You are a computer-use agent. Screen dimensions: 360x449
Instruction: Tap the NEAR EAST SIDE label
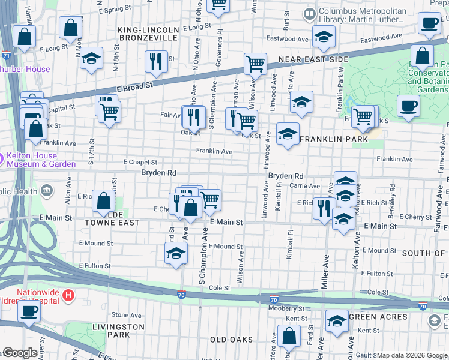tap(313, 60)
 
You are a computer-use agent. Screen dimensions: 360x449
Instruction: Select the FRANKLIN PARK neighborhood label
tap(333, 139)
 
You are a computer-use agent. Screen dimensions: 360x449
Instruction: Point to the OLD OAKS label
tap(232, 340)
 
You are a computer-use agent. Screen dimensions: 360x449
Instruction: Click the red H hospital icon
tap(69, 295)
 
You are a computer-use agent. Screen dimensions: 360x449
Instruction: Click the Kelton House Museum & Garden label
tap(42, 160)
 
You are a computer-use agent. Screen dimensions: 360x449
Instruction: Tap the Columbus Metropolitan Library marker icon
tap(310, 13)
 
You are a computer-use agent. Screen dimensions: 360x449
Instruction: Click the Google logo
tap(20, 353)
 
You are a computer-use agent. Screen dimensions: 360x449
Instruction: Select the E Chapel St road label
tap(140, 162)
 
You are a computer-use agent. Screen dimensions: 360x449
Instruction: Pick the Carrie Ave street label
tap(305, 186)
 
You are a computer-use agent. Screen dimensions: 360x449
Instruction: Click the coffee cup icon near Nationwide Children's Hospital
tap(28, 311)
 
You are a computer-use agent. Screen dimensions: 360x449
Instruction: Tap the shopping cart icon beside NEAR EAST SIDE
tap(255, 63)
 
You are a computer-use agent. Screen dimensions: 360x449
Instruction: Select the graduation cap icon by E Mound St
tap(175, 253)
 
